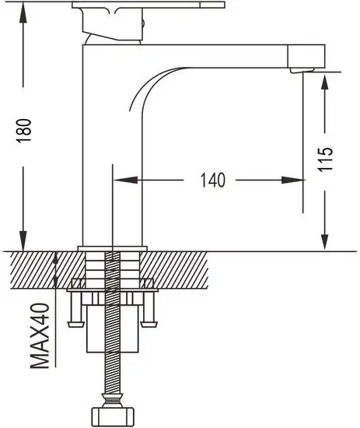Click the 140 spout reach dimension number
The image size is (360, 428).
click(x=211, y=181)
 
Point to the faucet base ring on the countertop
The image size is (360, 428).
click(x=114, y=249)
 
